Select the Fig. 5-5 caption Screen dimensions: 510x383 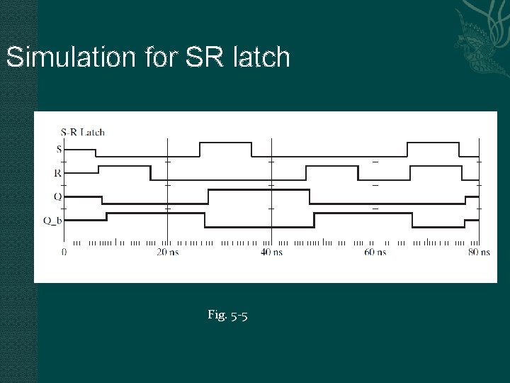pos(227,314)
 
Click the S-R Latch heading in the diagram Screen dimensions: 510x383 pos(82,131)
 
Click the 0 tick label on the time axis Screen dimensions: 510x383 pos(64,252)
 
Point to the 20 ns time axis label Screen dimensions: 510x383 pos(167,252)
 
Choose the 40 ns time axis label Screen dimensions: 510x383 pos(271,252)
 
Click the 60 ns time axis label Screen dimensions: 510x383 pos(375,252)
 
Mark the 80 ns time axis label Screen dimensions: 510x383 pos(479,252)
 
